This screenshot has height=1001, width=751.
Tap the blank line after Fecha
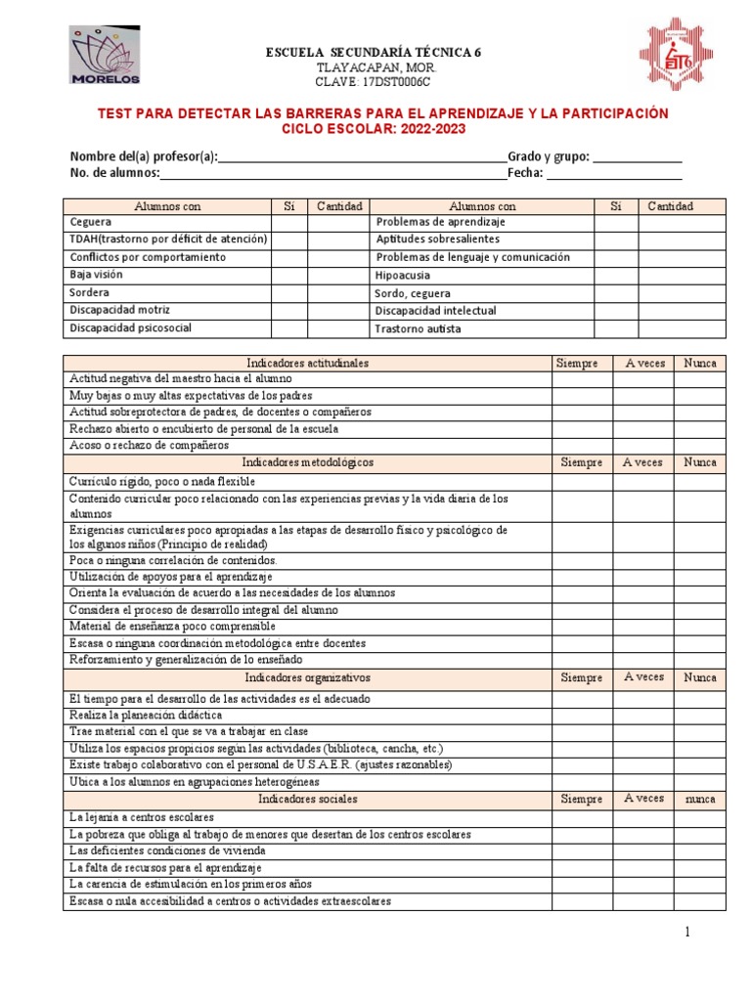point(613,174)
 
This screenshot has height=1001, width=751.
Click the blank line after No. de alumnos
point(332,174)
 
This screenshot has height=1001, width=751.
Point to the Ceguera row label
point(91,223)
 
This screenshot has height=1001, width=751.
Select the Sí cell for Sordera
point(288,293)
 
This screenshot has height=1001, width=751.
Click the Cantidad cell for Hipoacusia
point(682,276)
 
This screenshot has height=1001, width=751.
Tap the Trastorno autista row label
point(418,329)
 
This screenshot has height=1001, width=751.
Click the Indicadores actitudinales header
point(307,363)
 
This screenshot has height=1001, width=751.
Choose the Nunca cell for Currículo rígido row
point(700,481)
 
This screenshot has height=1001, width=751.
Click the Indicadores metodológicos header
point(307,462)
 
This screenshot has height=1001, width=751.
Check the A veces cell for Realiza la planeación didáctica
point(642,716)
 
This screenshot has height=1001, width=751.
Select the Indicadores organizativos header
point(307,677)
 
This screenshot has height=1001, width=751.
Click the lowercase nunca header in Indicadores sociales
point(700,799)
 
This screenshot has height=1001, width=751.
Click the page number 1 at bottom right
point(686,933)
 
